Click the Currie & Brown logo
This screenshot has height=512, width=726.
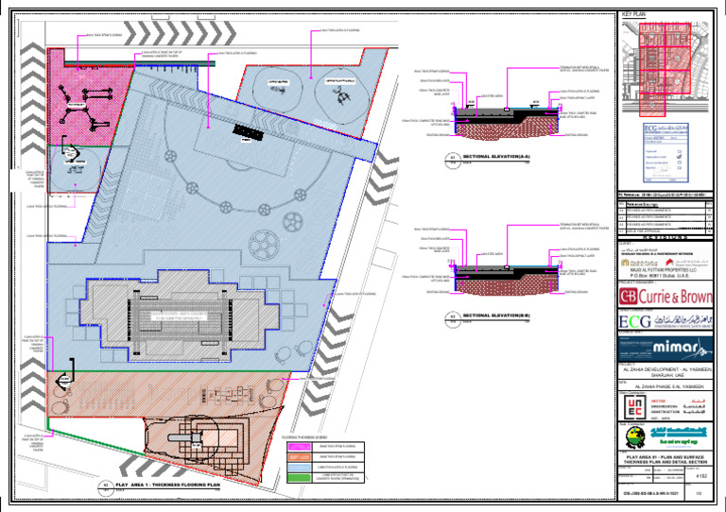pos(665,297)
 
